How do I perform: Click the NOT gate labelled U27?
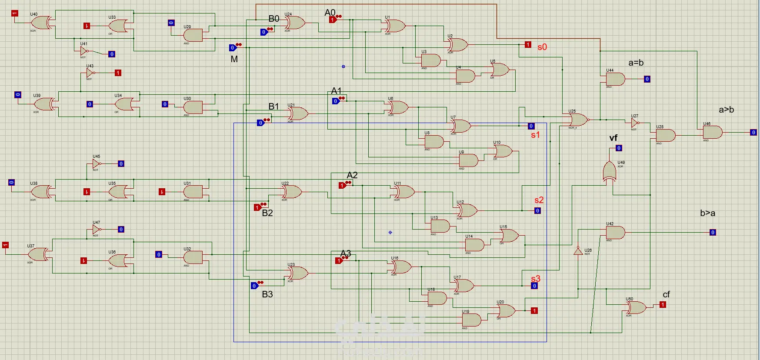[x=635, y=123]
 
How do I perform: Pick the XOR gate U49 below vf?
[x=609, y=172]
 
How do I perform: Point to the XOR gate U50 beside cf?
[x=637, y=308]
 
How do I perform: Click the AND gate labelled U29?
[x=193, y=35]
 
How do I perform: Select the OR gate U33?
[x=118, y=26]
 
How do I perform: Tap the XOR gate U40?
[x=42, y=23]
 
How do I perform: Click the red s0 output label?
[x=542, y=47]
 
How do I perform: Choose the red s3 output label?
[x=536, y=278]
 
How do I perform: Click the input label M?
[x=234, y=59]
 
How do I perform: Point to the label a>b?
[x=726, y=110]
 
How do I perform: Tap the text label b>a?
[x=707, y=213]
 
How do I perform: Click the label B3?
[x=267, y=294]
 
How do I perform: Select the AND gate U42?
[x=615, y=233]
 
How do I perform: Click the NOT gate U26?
[x=578, y=251]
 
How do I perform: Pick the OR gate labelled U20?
[x=506, y=310]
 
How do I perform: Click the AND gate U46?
[x=713, y=132]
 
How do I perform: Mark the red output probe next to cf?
[x=663, y=305]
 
